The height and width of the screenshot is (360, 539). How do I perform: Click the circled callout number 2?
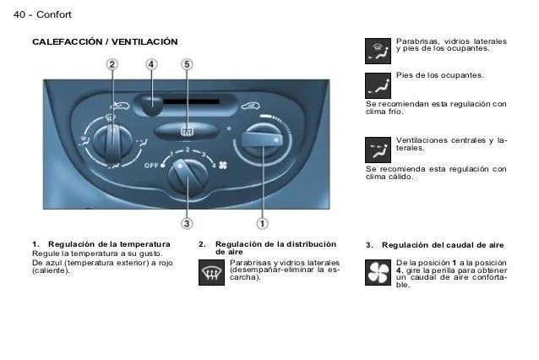click(x=112, y=64)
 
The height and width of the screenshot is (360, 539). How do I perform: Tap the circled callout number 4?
click(x=150, y=64)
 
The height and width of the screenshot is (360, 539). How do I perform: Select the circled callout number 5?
click(x=187, y=64)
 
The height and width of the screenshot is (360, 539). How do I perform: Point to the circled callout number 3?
click(x=187, y=223)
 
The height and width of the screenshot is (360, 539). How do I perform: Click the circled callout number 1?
click(x=262, y=223)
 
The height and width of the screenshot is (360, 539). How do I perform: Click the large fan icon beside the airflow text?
click(x=377, y=273)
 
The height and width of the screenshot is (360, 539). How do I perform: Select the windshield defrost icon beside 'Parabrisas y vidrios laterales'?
click(x=211, y=273)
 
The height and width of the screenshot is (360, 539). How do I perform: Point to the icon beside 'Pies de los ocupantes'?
click(x=377, y=85)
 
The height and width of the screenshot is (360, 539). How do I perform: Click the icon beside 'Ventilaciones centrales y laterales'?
click(x=377, y=150)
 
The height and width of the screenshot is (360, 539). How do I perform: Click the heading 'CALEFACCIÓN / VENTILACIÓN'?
click(x=105, y=41)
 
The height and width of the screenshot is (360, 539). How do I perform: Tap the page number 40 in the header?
click(x=22, y=14)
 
